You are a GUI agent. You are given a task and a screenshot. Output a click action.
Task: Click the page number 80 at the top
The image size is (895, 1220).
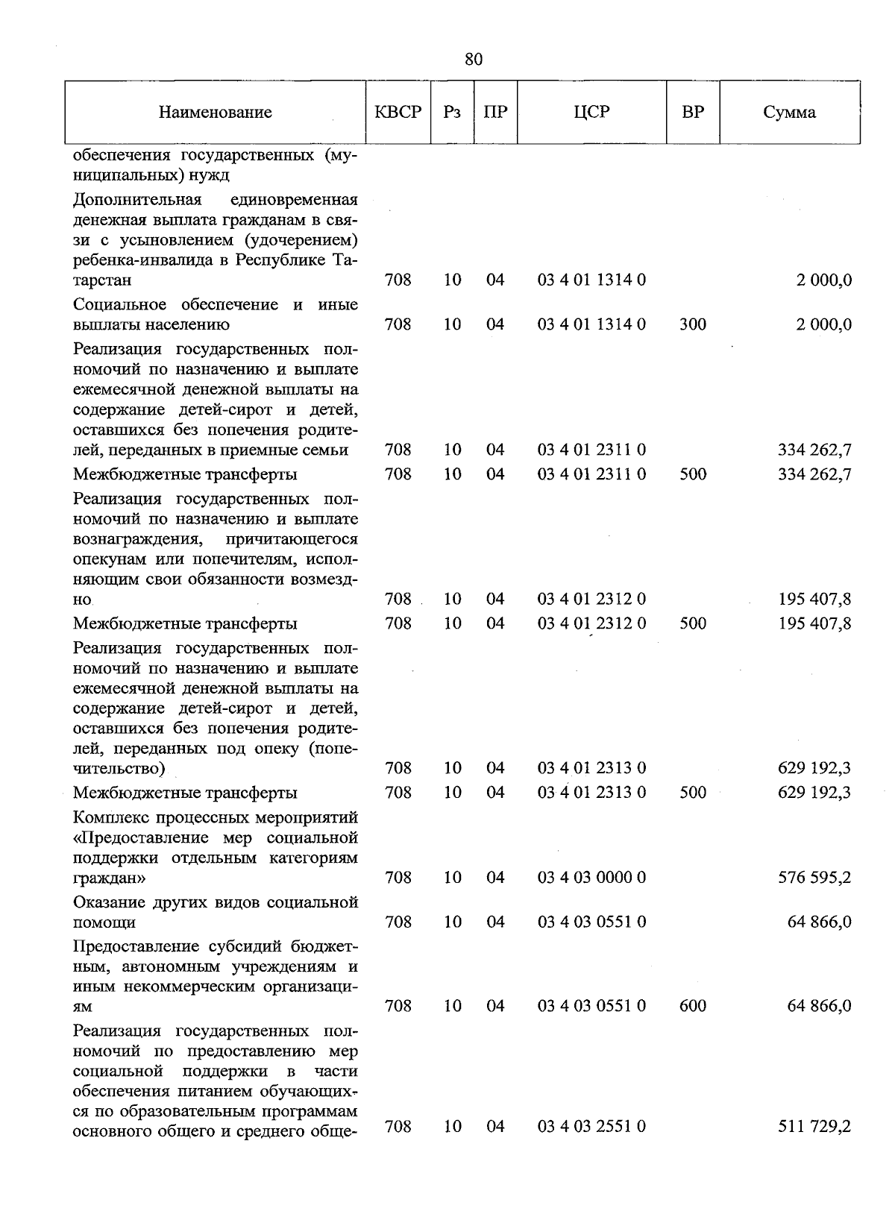click(473, 60)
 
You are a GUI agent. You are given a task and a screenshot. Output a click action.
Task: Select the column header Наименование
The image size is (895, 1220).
click(215, 113)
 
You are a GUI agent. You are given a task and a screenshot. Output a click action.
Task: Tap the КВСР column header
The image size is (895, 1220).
click(398, 113)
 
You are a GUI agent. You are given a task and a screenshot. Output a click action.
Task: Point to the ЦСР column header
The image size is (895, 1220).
click(591, 113)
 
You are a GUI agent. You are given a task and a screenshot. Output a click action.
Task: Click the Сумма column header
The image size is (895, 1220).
click(789, 113)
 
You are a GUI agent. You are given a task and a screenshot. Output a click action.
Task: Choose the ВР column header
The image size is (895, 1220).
click(693, 113)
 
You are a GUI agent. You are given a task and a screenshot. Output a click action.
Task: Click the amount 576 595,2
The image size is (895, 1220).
click(814, 878)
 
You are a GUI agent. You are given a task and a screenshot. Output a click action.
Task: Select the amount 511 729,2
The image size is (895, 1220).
click(814, 1126)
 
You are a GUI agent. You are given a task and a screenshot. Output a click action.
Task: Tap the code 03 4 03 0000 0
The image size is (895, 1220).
click(591, 878)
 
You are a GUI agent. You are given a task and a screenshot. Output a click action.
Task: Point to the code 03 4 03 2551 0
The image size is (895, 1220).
click(591, 1126)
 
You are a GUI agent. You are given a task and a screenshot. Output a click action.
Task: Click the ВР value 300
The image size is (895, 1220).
click(693, 324)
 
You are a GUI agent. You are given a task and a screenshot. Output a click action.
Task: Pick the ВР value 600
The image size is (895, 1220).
click(693, 1006)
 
